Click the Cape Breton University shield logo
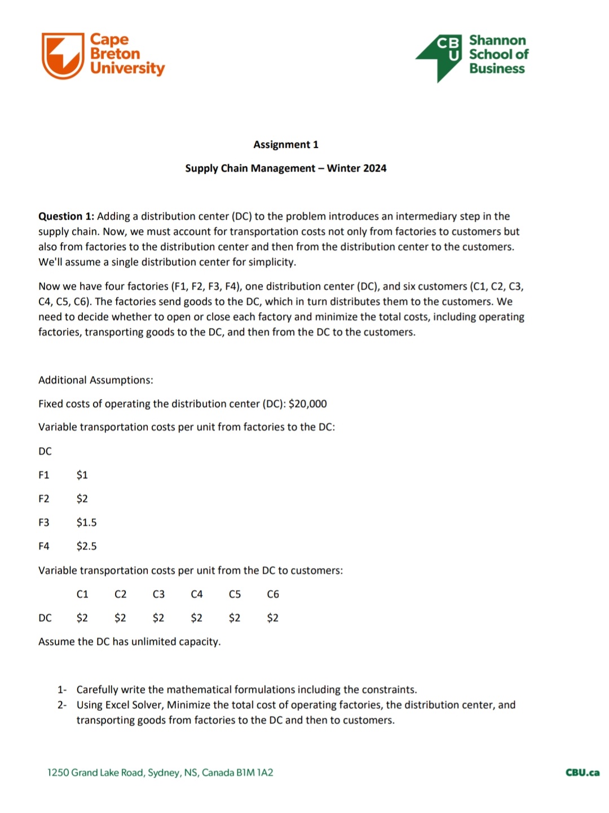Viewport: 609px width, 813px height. [63, 55]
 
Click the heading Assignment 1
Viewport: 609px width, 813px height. [285, 145]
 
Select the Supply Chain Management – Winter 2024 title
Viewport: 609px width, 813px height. [285, 168]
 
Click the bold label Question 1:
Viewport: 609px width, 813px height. [66, 216]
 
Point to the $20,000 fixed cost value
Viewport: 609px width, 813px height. [307, 404]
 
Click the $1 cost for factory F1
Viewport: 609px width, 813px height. [82, 475]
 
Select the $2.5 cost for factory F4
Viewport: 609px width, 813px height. [86, 546]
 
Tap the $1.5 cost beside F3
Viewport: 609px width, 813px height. [86, 522]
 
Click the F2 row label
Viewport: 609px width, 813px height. [44, 499]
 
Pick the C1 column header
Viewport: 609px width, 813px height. [82, 594]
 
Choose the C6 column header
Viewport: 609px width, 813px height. [273, 594]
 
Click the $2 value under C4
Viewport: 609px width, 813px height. [196, 618]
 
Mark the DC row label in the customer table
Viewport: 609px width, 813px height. [45, 618]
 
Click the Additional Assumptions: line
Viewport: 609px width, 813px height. [96, 380]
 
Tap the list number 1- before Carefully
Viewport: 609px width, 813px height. [62, 689]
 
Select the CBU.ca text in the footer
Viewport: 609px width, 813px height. [582, 772]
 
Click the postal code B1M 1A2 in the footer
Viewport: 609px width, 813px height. [254, 772]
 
